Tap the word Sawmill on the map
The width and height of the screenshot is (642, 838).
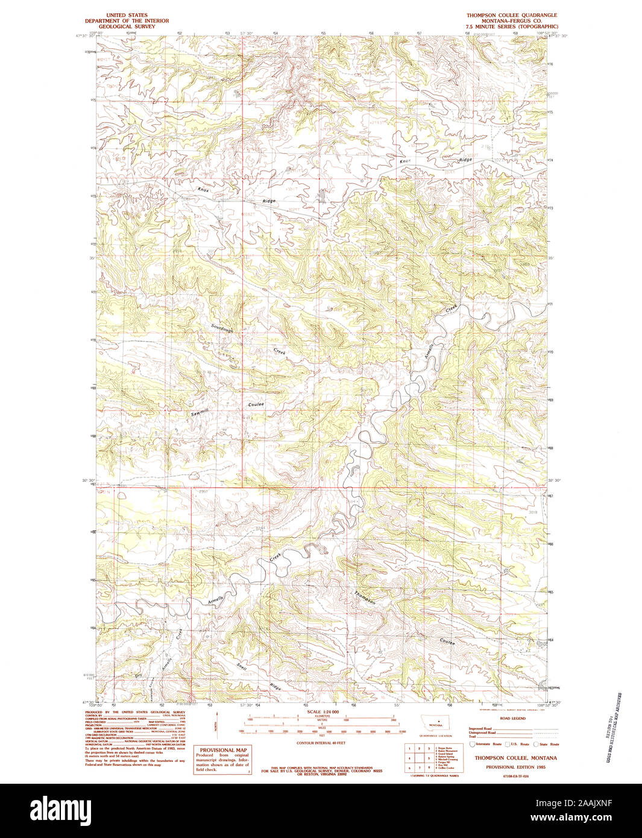pos(200,414)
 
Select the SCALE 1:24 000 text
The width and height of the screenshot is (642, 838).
pos(323,712)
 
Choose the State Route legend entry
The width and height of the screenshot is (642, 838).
pos(548,745)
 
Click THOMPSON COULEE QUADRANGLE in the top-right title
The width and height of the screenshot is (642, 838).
pos(512,15)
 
